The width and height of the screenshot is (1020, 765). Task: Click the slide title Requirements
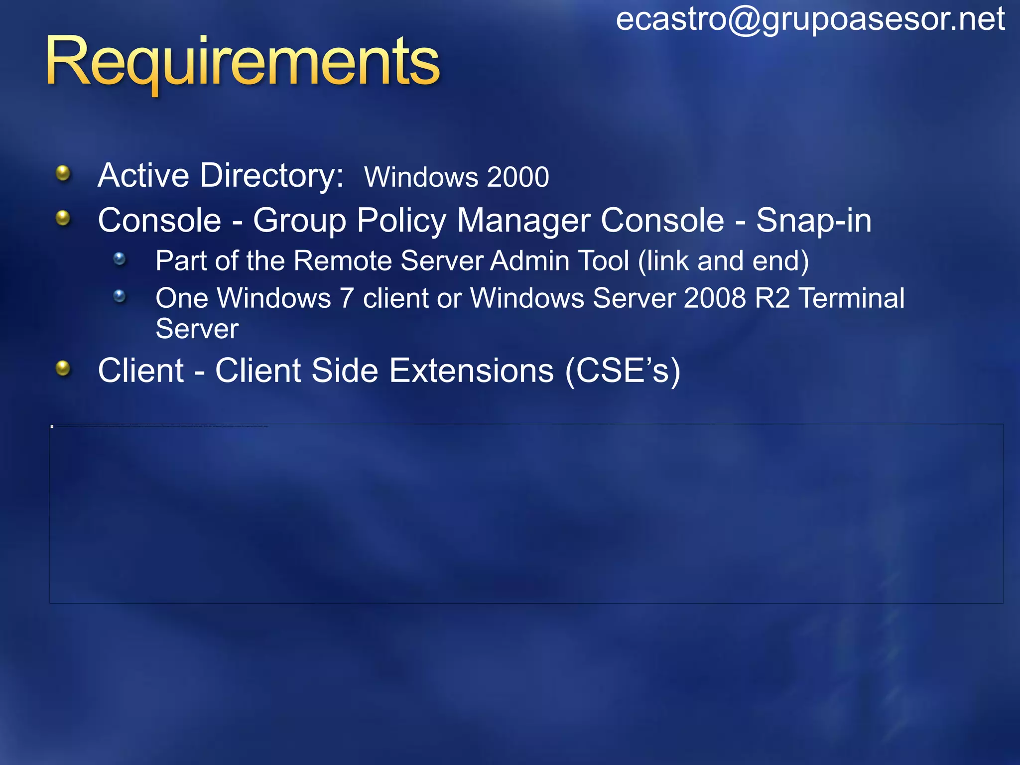tap(243, 62)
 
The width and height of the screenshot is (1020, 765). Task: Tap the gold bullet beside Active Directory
tap(63, 173)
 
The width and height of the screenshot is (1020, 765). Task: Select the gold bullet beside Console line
tap(63, 218)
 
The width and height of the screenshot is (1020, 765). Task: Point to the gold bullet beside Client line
tap(63, 369)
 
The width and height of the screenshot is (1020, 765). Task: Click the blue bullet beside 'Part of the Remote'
tap(120, 258)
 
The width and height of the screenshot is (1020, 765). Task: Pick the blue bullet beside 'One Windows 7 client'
tap(120, 296)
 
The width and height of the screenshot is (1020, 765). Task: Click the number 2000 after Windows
tap(518, 177)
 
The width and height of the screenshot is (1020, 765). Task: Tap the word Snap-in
tap(813, 220)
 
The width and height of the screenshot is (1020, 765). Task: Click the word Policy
tap(402, 221)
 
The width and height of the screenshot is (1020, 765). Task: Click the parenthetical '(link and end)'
tap(724, 261)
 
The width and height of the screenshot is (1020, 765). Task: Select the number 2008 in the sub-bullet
tap(715, 298)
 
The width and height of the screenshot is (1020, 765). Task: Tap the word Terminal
tap(852, 298)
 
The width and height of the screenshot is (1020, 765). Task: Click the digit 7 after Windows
tap(347, 298)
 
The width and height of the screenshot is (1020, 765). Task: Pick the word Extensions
tap(471, 371)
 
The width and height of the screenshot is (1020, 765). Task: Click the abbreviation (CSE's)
tap(623, 371)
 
